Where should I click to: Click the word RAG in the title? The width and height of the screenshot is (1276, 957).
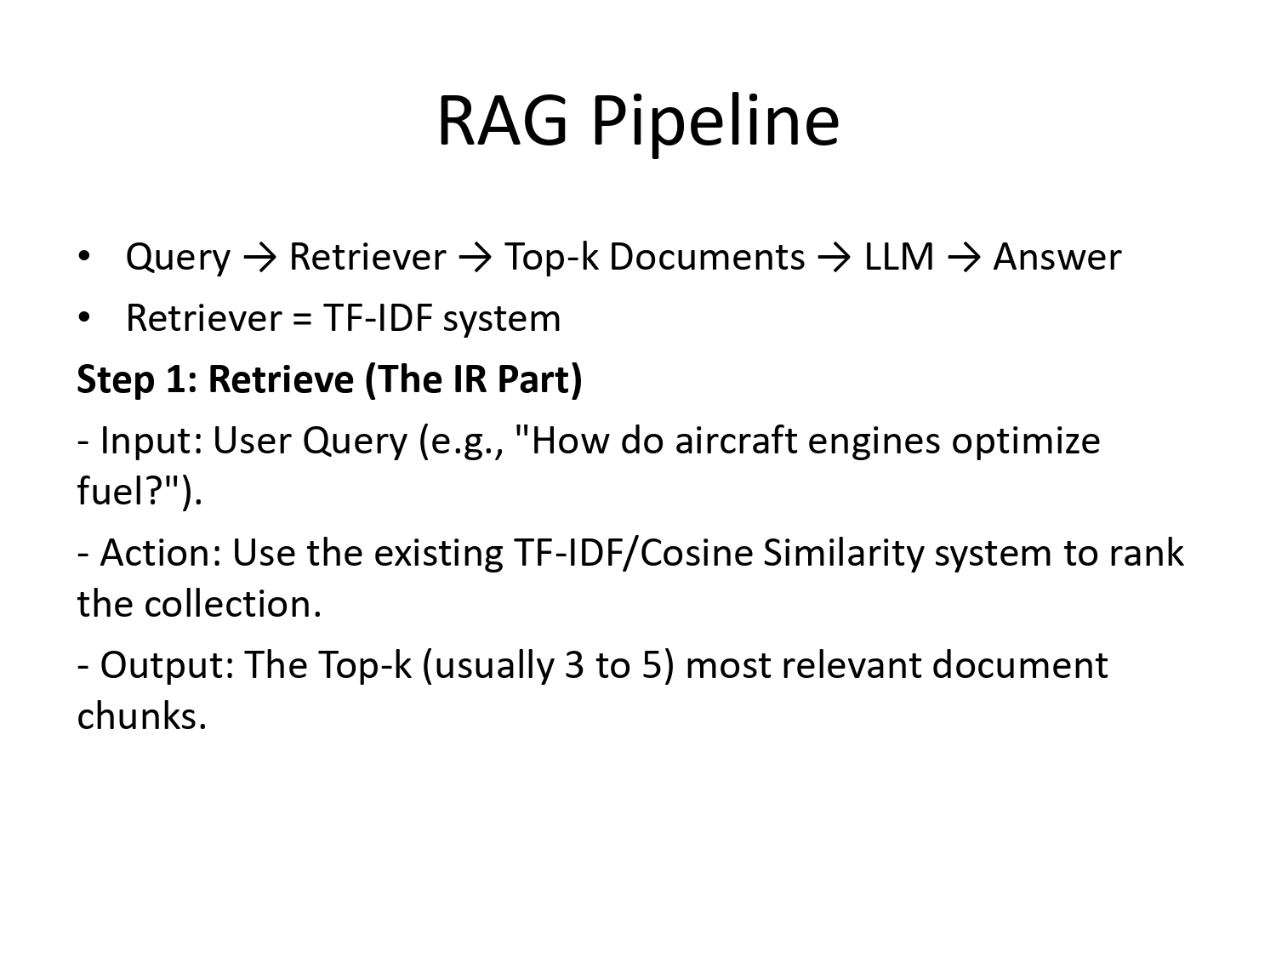point(502,121)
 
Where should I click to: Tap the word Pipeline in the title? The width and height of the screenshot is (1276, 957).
point(715,121)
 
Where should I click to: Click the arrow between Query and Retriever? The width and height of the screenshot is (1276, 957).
point(259,257)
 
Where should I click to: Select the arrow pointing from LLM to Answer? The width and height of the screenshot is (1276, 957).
point(963,257)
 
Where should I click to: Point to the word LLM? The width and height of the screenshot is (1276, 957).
point(899,257)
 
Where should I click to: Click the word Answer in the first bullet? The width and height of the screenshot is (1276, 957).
point(1057,257)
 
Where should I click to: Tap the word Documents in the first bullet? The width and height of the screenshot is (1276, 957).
point(707,257)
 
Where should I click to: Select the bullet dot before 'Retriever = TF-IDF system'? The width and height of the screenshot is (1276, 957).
point(83,317)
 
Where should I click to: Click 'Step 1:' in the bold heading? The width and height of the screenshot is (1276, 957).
point(136,379)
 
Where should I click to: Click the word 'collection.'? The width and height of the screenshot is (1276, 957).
point(233,604)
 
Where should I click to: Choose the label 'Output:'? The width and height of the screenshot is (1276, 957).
point(167,665)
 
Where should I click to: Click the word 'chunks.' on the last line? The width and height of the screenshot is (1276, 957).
point(142,716)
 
